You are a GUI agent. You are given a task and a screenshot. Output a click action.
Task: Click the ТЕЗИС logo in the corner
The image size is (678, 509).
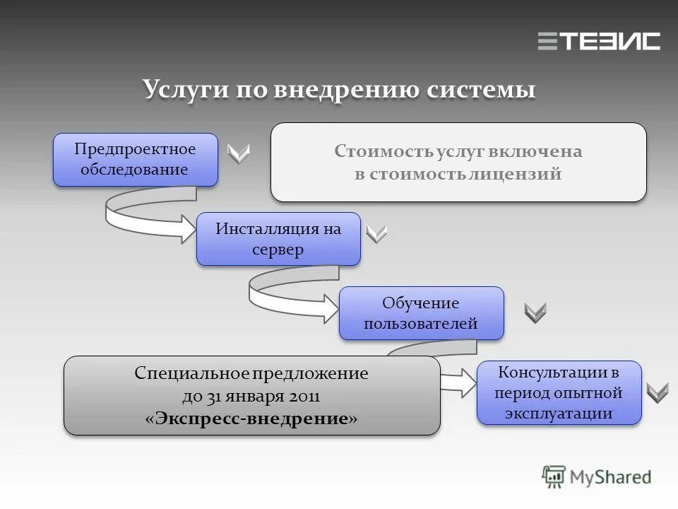point(599,41)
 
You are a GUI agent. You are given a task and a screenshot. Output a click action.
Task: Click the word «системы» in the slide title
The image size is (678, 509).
point(480,91)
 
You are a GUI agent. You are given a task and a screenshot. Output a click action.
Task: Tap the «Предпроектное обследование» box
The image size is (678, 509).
point(136,160)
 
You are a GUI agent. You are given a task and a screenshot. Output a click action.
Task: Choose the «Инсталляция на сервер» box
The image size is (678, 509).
point(278,239)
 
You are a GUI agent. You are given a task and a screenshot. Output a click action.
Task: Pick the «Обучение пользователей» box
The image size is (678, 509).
point(422,313)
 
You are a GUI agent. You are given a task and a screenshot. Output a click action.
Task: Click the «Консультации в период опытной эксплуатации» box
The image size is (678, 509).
point(559,392)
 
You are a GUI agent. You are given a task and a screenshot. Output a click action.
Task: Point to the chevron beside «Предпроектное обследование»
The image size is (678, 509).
point(239,153)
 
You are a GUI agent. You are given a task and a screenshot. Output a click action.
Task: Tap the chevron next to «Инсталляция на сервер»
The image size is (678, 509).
point(377,233)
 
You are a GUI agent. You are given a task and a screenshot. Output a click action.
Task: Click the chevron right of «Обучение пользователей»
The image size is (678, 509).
point(535,312)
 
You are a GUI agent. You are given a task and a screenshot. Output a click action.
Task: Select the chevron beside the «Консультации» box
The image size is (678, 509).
point(658,392)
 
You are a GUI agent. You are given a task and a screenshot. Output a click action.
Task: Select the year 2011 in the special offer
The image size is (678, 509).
point(304,397)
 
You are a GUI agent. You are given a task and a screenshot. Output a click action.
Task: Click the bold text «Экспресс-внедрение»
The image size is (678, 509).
point(251,419)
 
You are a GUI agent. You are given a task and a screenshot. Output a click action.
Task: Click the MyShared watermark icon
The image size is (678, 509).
point(554,476)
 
